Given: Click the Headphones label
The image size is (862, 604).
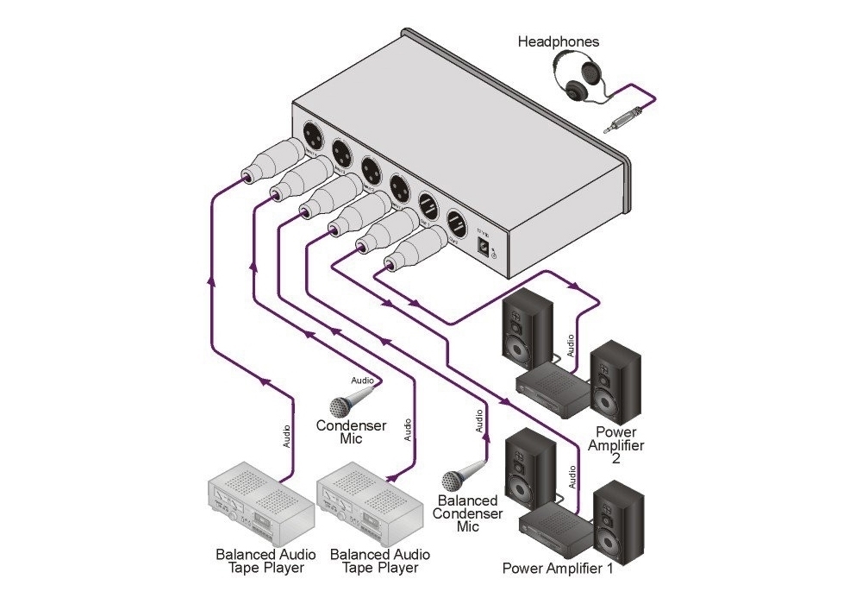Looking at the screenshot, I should pyautogui.click(x=558, y=41).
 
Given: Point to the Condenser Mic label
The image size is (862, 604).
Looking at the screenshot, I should pyautogui.click(x=351, y=431).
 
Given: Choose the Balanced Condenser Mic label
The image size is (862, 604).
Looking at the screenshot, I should pyautogui.click(x=468, y=513).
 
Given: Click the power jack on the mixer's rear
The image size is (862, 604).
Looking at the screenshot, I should pyautogui.click(x=488, y=247).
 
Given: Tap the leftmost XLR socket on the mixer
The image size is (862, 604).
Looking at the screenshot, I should pyautogui.click(x=312, y=136).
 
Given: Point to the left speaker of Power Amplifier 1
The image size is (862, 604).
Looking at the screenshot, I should pyautogui.click(x=525, y=465).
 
